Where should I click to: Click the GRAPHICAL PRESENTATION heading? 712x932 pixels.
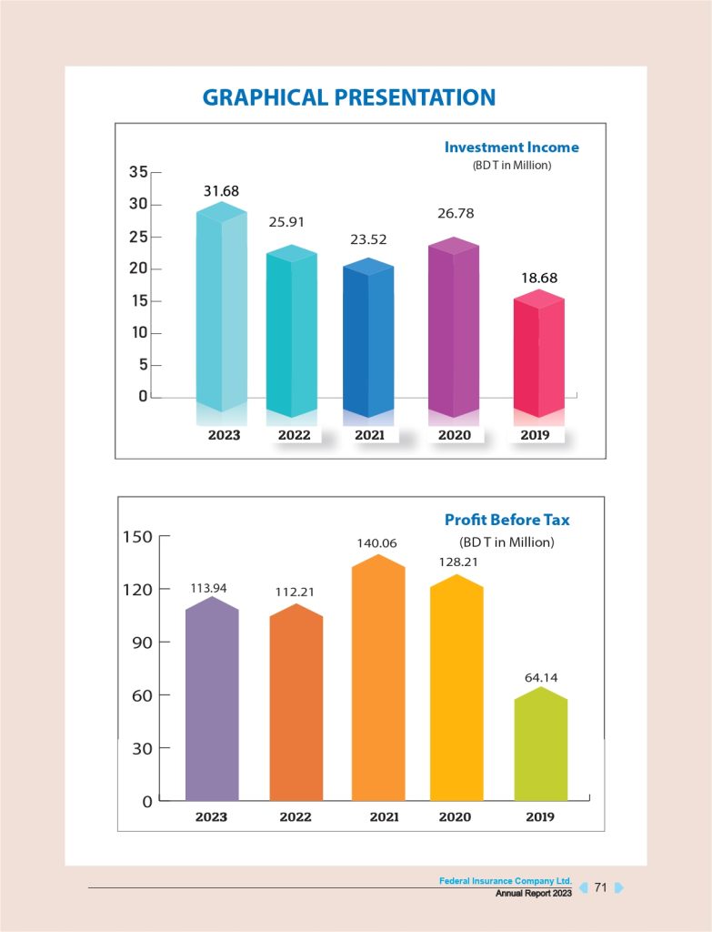coord(349,97)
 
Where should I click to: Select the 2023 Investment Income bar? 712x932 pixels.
coord(221,309)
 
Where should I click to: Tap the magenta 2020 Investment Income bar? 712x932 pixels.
coord(453,328)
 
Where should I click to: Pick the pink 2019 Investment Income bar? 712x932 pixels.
coord(538,355)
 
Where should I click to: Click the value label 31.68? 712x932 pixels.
coord(221,190)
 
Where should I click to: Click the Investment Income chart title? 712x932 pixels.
coord(511,147)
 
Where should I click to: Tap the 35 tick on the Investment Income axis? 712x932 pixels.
coord(138,172)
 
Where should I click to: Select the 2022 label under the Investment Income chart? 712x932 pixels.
coord(294,435)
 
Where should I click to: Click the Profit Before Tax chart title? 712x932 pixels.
coord(507,520)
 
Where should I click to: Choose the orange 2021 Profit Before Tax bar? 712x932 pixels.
coord(377,683)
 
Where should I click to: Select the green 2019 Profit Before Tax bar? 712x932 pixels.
coord(540,746)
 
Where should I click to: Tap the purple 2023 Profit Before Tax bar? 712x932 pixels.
coord(212,701)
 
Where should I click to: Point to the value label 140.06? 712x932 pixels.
coord(376,543)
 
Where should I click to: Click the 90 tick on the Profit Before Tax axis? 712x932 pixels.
coord(140,643)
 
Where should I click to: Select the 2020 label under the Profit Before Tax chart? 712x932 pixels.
coord(455,816)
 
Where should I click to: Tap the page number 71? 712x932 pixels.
coord(600,887)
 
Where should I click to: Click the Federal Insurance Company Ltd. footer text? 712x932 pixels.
coord(505,881)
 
